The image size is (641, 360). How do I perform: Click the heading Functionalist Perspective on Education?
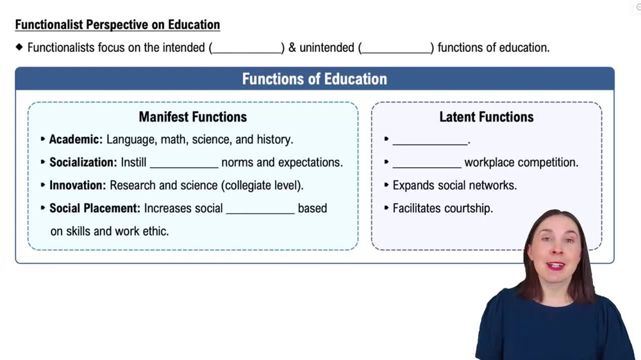(x=117, y=25)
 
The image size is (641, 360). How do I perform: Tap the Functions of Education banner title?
(x=314, y=79)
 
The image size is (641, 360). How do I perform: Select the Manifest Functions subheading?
(x=192, y=117)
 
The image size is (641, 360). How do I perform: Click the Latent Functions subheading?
(x=486, y=117)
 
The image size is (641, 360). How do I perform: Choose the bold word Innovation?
(x=78, y=185)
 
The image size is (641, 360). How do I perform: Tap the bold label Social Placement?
(x=95, y=208)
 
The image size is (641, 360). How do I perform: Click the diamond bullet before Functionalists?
(x=19, y=47)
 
